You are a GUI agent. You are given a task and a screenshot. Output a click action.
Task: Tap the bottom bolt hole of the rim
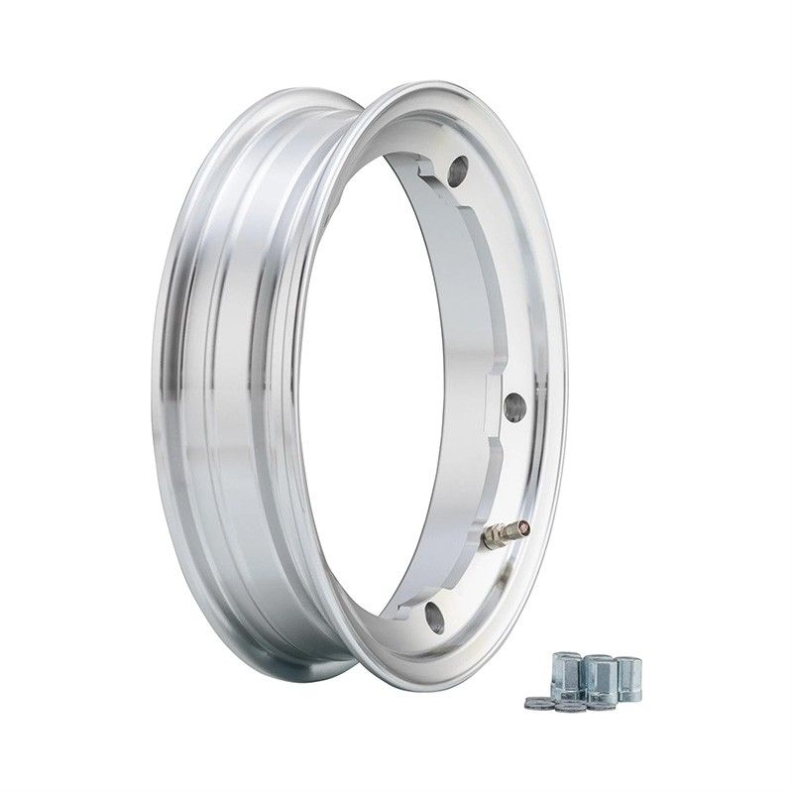point(433,619)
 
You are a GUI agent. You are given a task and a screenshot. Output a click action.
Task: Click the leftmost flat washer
point(535,703)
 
